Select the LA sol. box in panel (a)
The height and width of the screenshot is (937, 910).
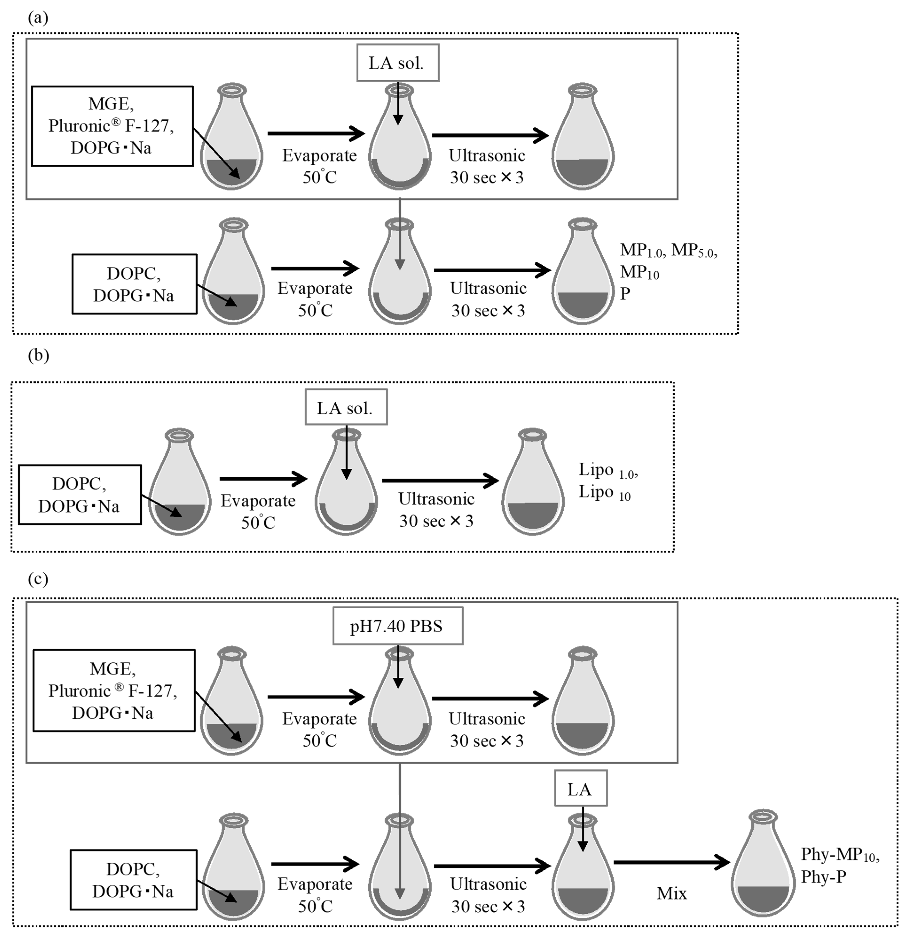(x=397, y=63)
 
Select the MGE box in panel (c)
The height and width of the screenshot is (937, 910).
(x=114, y=690)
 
